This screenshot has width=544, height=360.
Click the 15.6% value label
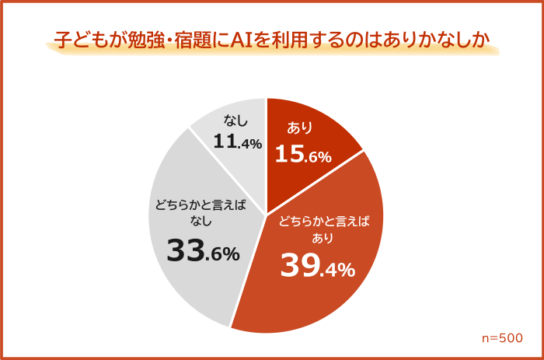pos(303,155)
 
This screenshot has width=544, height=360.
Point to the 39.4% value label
pos(317,267)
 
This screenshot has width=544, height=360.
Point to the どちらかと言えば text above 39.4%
pos(323,221)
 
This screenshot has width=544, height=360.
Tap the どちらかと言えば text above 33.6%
pos(200,206)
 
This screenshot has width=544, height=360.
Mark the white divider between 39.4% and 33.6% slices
pos(249,271)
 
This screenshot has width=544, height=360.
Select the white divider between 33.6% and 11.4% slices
pos(228,170)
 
